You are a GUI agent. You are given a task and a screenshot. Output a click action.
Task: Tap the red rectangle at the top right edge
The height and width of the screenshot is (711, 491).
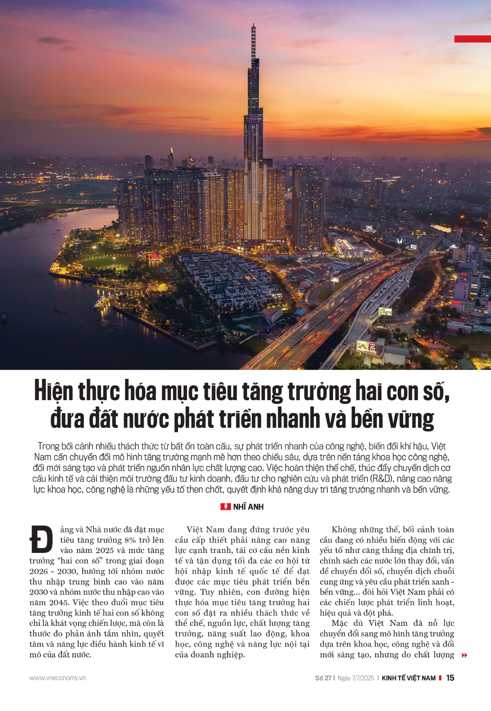473,39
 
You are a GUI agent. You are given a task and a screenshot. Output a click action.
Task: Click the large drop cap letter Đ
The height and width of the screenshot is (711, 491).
41,539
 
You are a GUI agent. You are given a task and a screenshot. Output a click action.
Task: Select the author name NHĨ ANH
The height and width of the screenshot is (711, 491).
248,507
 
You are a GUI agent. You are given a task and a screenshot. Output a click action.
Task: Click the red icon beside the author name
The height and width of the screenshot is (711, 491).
225,507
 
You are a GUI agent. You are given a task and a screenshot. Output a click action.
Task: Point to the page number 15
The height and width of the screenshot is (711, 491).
450,678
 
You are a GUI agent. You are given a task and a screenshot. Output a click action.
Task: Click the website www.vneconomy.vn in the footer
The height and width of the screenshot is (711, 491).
58,678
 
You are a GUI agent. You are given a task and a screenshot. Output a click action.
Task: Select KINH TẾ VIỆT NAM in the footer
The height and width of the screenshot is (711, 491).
408,678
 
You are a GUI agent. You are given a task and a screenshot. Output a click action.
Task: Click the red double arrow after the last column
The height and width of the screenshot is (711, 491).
464,655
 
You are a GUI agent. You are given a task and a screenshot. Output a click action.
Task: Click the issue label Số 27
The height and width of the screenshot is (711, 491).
323,678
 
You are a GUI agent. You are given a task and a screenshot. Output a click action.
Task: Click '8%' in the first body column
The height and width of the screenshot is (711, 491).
130,540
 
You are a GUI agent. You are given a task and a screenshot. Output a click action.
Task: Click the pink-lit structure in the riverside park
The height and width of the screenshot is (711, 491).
155,256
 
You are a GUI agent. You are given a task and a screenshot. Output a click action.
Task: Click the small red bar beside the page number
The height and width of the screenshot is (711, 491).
440,678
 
